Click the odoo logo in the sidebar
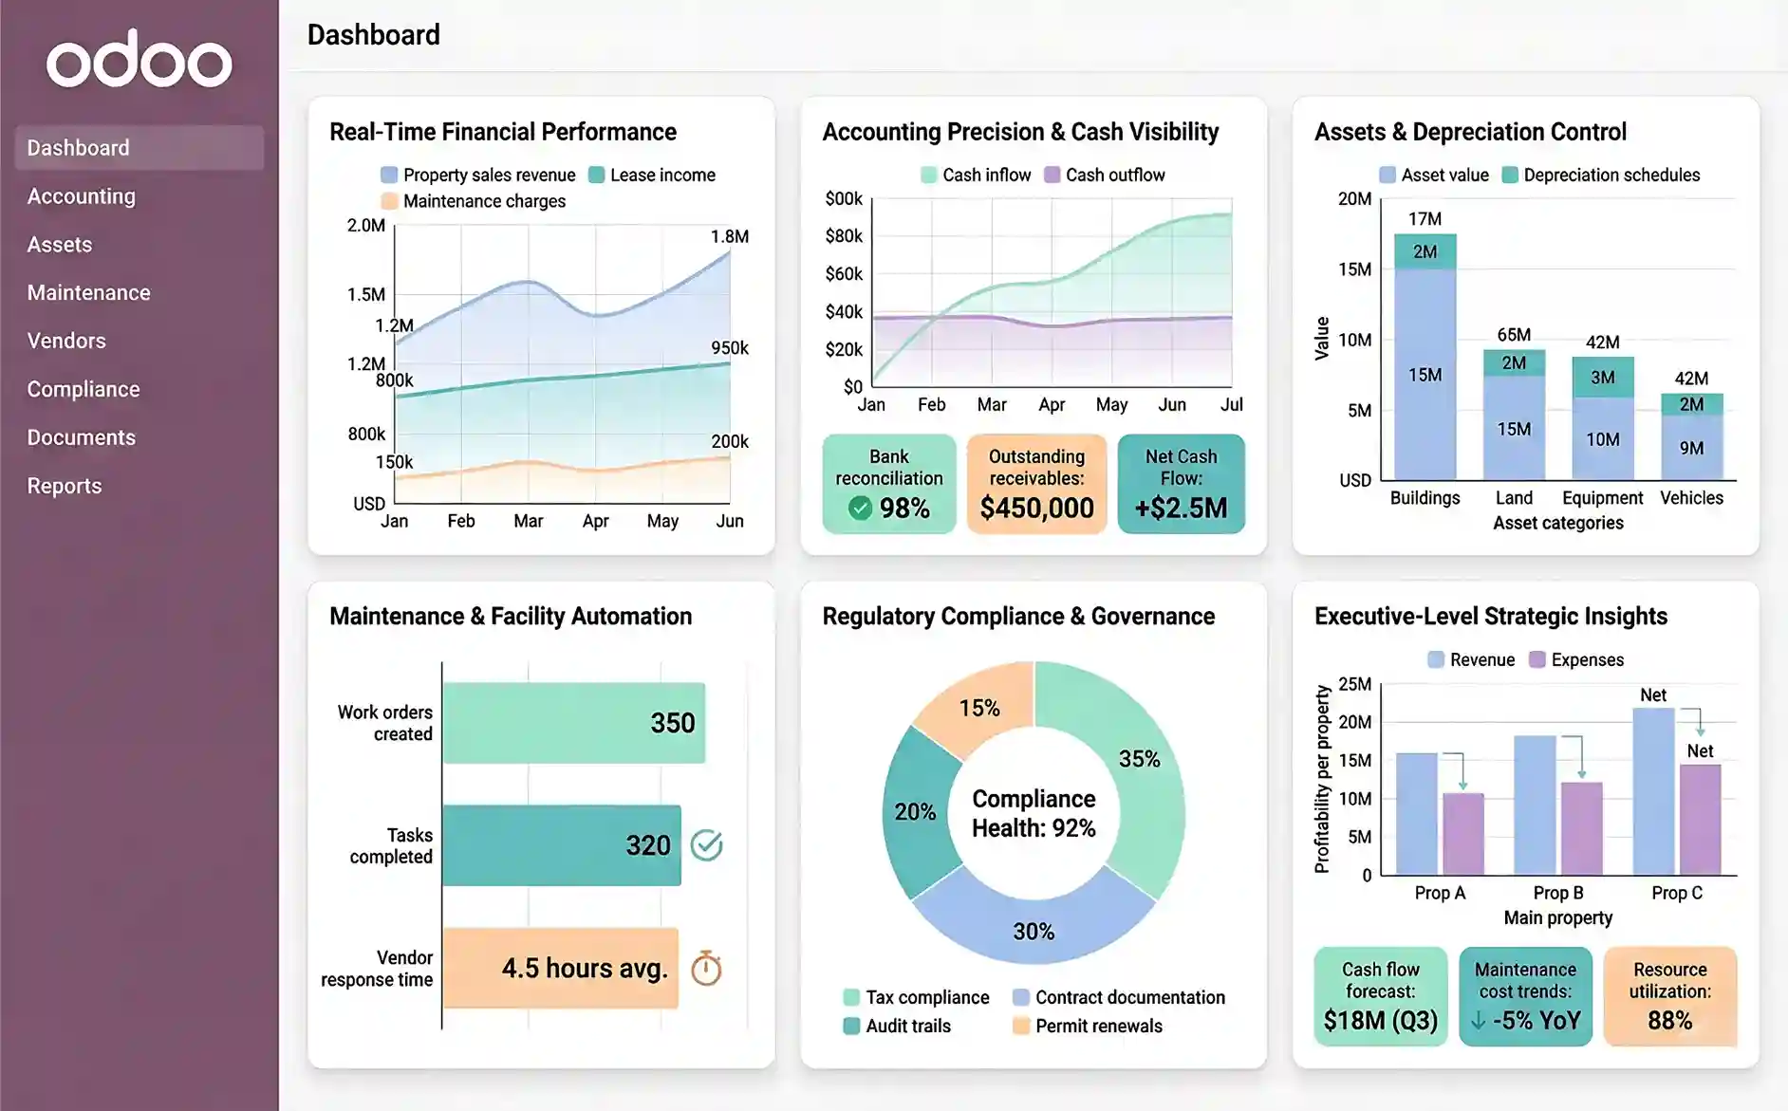[x=140, y=60]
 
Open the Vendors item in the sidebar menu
[x=66, y=341]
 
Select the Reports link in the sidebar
[x=65, y=486]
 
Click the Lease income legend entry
[x=661, y=175]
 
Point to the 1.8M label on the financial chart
[x=729, y=236]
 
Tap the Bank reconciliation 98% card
[x=888, y=484]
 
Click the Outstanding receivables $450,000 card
[x=1036, y=484]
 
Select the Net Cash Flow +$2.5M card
[x=1181, y=484]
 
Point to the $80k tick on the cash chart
[x=843, y=236]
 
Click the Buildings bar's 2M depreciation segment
[x=1425, y=251]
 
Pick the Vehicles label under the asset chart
[x=1690, y=498]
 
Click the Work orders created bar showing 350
[x=573, y=723]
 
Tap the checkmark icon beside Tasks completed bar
[x=706, y=844]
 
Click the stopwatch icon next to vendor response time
[x=706, y=969]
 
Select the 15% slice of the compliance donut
[x=979, y=707]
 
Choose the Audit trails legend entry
[x=907, y=1026]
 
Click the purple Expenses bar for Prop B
[x=1581, y=827]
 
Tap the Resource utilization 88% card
[x=1669, y=996]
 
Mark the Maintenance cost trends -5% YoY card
[x=1525, y=996]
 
